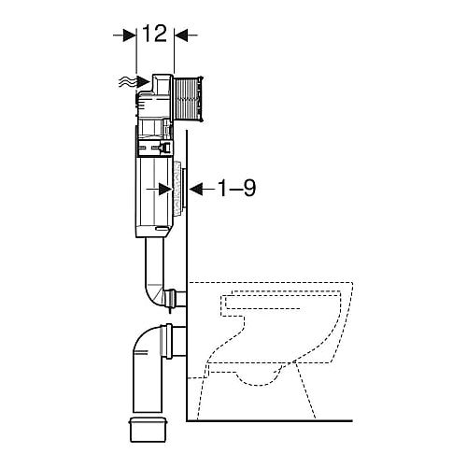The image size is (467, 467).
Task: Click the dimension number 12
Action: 155,34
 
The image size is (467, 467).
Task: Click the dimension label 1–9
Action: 236,188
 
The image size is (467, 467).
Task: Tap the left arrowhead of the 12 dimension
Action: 130,35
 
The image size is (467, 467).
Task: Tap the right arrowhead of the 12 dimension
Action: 180,35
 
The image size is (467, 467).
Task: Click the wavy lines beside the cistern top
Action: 128,82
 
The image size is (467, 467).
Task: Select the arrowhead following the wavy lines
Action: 144,82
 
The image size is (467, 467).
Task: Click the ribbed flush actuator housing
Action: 189,98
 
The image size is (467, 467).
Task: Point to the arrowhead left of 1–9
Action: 196,189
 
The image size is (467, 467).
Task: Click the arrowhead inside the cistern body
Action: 165,189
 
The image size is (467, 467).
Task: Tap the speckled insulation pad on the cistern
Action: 177,189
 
